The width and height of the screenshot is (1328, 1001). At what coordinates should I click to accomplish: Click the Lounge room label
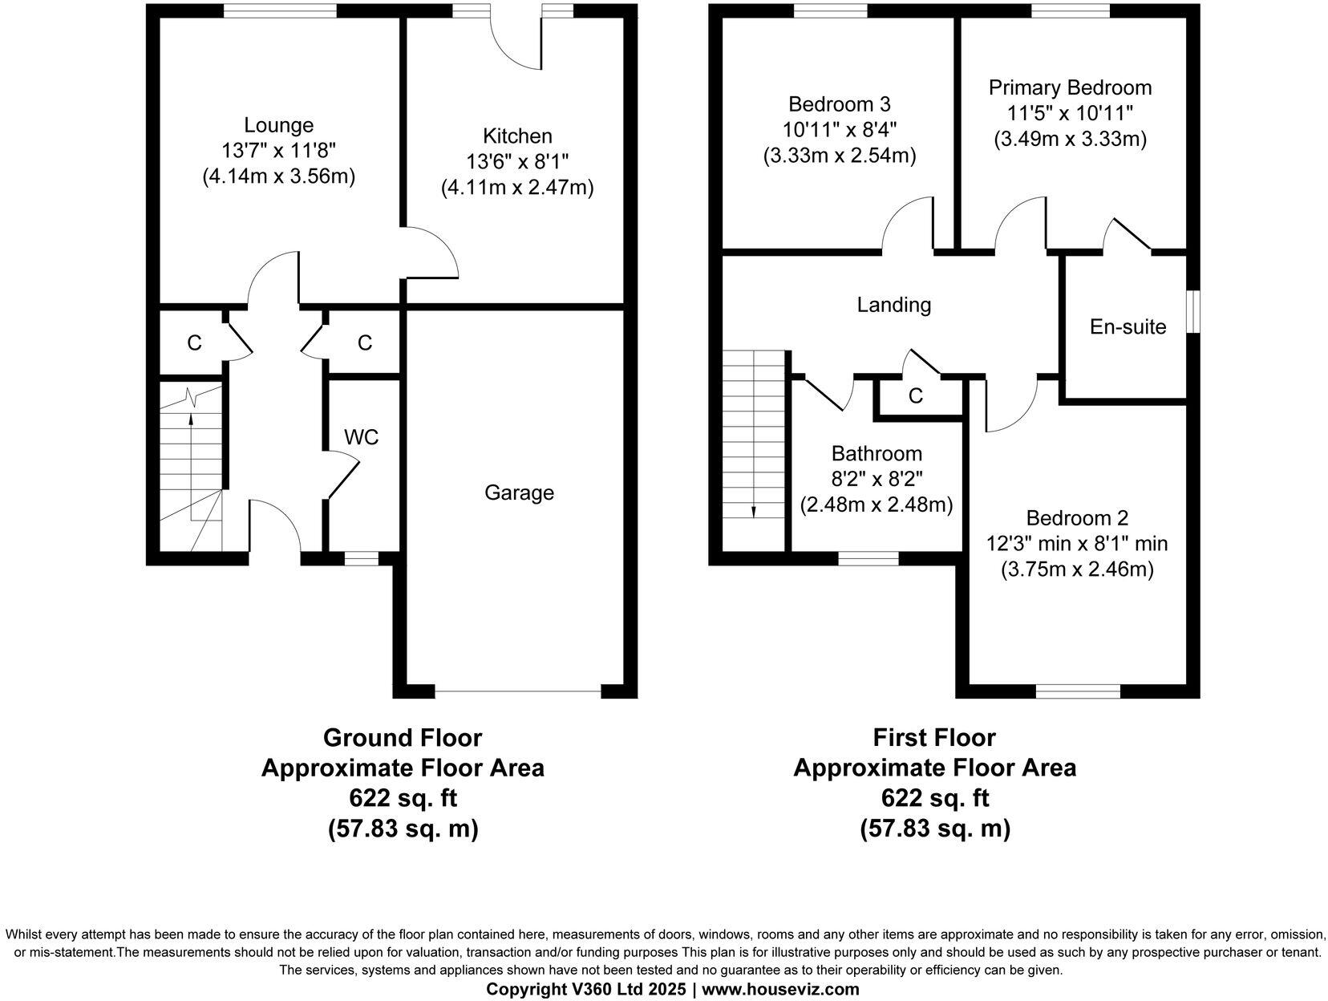(x=278, y=125)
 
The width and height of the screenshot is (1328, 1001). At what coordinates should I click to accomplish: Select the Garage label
(x=519, y=492)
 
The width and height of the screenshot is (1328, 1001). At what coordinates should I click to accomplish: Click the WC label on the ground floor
(x=361, y=437)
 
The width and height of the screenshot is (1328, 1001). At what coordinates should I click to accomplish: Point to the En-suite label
(x=1128, y=326)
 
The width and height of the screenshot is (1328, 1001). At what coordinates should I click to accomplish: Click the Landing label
(x=893, y=305)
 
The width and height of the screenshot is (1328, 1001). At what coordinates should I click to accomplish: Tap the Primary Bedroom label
(x=1070, y=87)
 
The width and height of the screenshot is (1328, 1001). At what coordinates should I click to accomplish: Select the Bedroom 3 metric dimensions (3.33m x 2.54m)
(x=839, y=156)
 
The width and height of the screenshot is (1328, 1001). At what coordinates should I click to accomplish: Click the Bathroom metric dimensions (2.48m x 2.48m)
(x=876, y=505)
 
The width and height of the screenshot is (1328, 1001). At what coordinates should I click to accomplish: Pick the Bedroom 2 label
(x=1076, y=517)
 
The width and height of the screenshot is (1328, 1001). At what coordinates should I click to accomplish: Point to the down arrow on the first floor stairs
(x=753, y=512)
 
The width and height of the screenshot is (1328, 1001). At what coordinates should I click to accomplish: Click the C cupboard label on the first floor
(x=915, y=396)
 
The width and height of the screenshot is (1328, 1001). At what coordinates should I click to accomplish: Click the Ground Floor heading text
(x=402, y=737)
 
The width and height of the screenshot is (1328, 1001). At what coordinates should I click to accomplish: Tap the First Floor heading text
(x=934, y=737)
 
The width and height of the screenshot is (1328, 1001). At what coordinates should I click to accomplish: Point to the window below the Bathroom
(x=868, y=558)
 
